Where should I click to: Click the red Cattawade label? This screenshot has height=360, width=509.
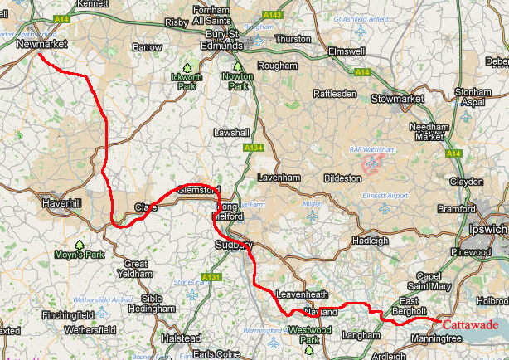470,325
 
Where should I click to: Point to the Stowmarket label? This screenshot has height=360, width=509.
397,99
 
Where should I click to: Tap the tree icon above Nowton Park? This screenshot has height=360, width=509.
238,67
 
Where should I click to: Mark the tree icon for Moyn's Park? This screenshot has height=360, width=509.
80,245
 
